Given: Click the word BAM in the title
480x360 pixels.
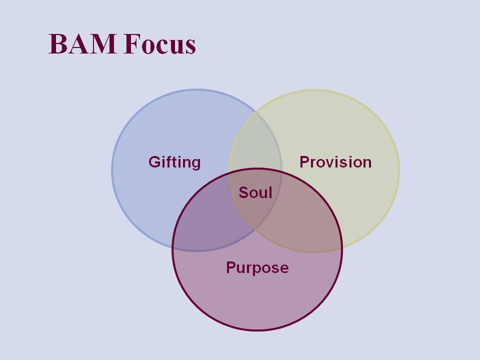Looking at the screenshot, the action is [82, 44].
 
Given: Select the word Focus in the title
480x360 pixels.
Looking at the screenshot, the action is [160, 44].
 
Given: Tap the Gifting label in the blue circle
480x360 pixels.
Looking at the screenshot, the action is [174, 162].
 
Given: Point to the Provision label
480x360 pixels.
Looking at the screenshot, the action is [335, 162].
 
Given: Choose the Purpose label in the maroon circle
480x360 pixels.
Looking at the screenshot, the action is [257, 268].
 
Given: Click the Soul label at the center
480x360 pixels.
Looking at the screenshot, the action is [255, 192].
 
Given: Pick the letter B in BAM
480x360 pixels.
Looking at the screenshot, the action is [58, 44].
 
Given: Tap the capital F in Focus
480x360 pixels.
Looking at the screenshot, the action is [132, 44].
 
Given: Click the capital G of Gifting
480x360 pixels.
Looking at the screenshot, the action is [154, 161].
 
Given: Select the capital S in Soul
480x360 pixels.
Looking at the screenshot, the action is [244, 192].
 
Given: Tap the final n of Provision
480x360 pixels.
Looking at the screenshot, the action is [367, 163].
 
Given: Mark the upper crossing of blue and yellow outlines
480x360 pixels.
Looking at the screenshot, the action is [256, 112].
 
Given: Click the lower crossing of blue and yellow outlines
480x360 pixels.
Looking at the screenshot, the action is [256, 228].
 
